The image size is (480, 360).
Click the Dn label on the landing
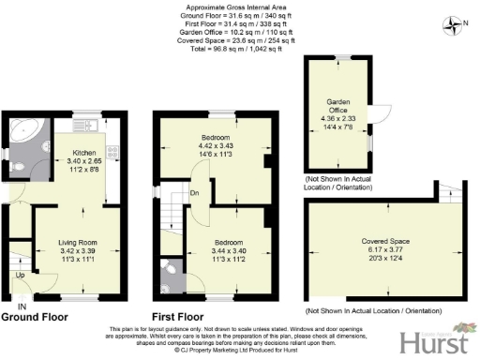(x=193, y=194)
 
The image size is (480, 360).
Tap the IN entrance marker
(x=21, y=307)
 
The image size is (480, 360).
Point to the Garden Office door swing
(x=378, y=113)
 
